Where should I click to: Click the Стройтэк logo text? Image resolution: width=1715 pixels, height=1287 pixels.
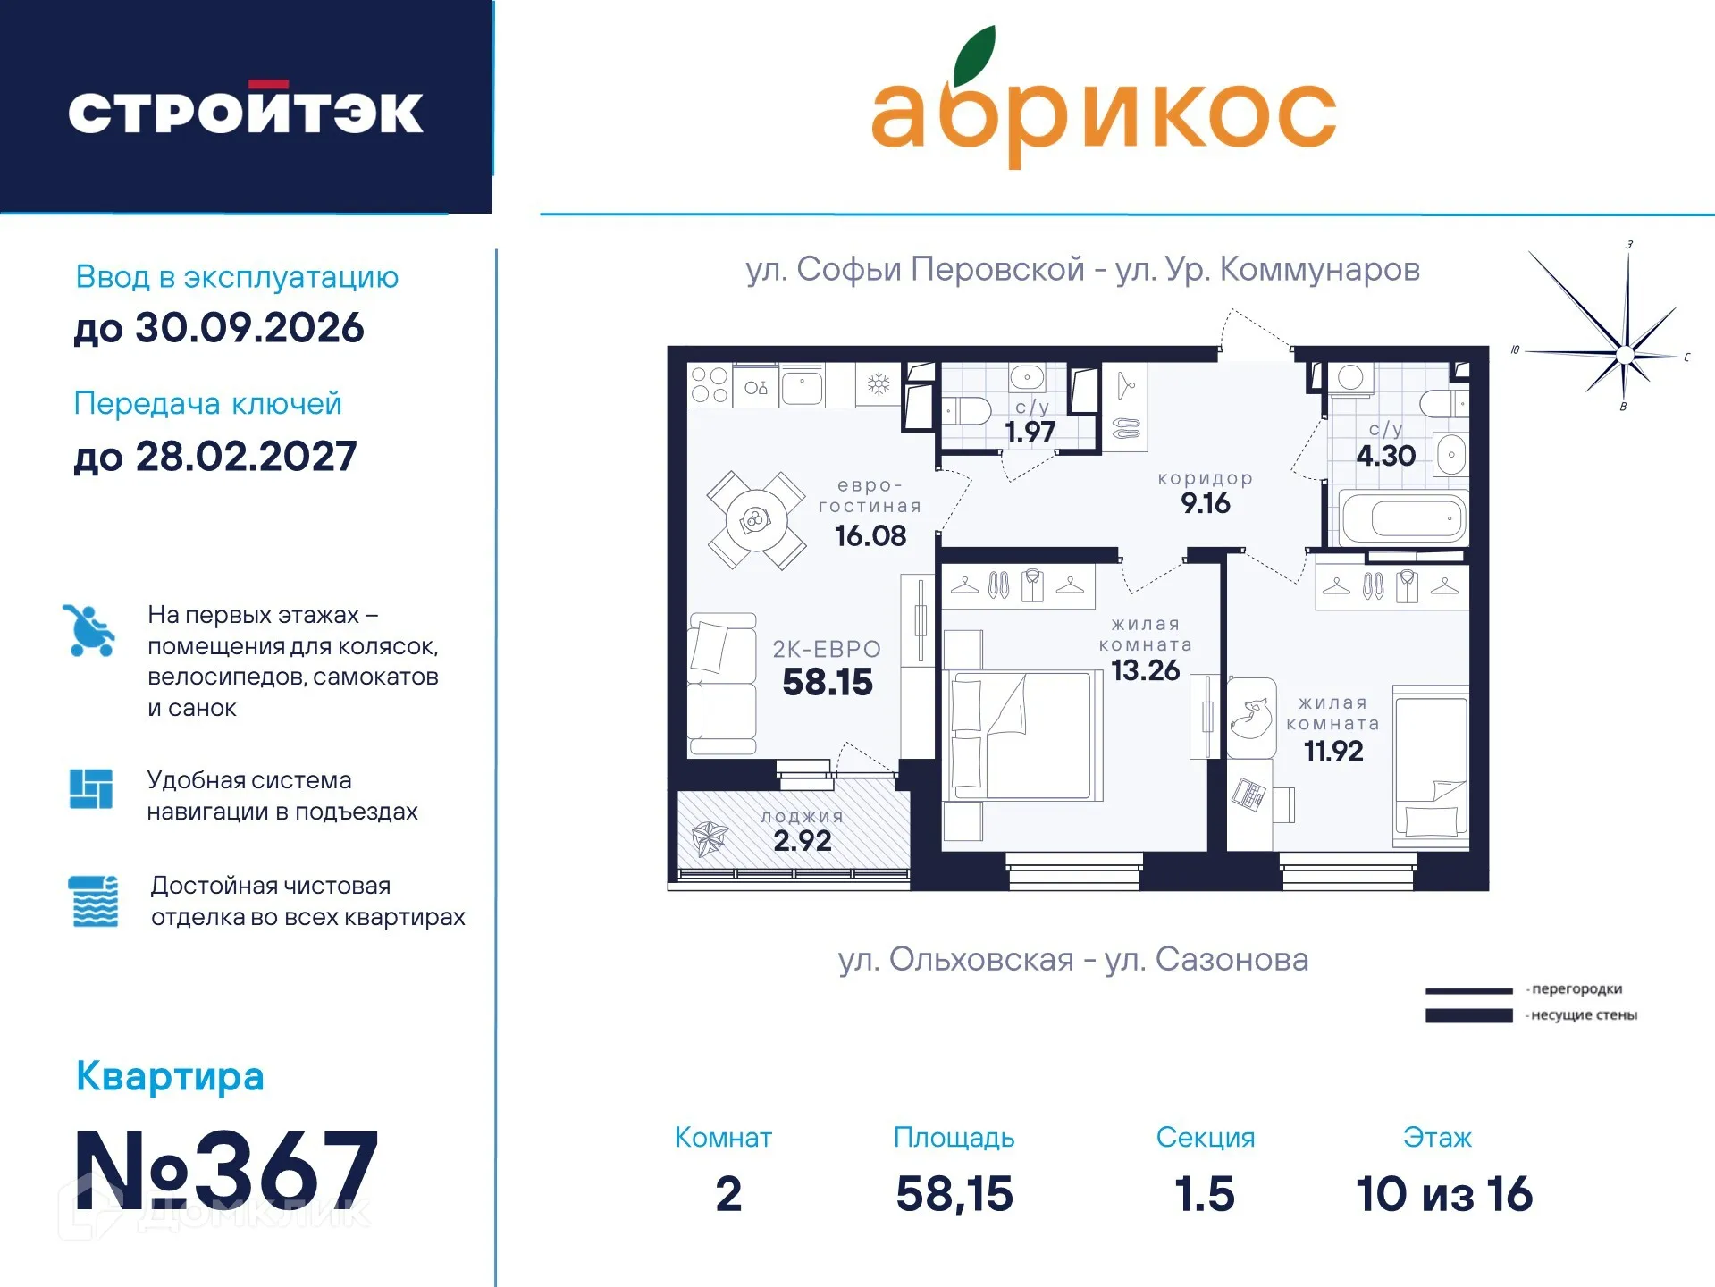245,112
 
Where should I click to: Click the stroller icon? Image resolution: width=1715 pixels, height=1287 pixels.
89,630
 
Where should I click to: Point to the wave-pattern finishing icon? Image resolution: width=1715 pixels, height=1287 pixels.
93,901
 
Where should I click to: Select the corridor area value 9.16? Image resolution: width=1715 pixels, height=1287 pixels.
1205,503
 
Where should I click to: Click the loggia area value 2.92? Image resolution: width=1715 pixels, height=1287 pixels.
802,841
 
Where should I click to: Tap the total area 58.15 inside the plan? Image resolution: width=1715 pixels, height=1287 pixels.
827,682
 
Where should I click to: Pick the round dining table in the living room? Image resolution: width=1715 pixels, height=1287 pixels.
756,520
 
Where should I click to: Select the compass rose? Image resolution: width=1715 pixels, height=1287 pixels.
1624,355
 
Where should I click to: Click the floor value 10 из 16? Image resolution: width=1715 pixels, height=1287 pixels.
1443,1194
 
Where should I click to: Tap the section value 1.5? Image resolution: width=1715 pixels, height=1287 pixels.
1204,1194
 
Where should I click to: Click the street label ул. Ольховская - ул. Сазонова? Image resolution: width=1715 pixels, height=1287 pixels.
1072,959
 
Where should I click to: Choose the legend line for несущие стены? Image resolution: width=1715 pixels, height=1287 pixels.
1468,1015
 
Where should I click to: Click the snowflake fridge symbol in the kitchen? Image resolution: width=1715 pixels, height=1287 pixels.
879,385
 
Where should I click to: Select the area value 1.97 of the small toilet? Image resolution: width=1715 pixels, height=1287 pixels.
1030,433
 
